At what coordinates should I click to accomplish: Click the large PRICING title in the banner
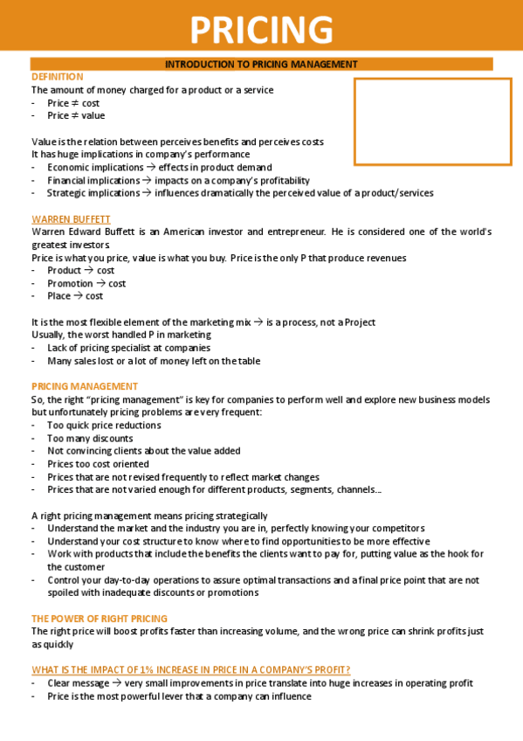(261, 29)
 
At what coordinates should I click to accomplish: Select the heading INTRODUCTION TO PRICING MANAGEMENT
(261, 64)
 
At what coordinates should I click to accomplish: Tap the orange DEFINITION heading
(58, 77)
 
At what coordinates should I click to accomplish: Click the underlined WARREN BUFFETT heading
(71, 218)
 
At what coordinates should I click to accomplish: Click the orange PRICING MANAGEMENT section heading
(85, 385)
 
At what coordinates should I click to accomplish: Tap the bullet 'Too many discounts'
(90, 438)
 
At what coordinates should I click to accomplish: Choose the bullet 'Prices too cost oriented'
(98, 464)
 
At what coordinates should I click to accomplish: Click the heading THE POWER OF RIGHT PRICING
(100, 618)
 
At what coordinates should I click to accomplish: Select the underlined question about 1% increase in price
(190, 669)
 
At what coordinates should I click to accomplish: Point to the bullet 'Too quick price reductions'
(104, 425)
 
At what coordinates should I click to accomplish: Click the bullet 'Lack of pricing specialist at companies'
(128, 348)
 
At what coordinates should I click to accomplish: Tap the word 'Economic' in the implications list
(68, 167)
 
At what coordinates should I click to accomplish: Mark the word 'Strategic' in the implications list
(68, 193)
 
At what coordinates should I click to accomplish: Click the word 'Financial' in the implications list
(68, 180)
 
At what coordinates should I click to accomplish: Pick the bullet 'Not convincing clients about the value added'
(143, 451)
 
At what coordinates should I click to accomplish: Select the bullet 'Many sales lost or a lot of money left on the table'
(153, 361)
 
